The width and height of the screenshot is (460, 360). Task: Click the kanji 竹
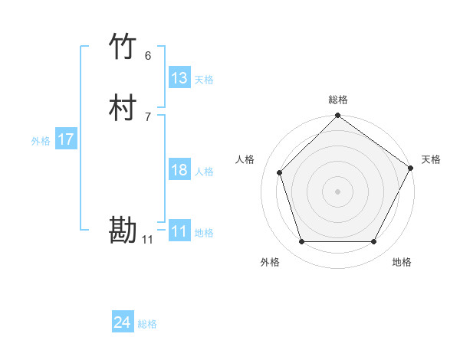(123, 47)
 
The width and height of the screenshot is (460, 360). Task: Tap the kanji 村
(123, 108)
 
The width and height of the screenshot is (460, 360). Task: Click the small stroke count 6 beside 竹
(148, 56)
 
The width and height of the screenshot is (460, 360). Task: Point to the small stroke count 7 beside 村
(148, 117)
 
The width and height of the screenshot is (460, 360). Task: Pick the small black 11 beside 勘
(147, 240)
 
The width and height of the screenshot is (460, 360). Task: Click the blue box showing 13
(179, 78)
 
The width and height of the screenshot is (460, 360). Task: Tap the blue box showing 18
(179, 170)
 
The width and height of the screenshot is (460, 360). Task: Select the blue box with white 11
(179, 231)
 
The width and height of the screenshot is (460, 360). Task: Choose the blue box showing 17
(66, 139)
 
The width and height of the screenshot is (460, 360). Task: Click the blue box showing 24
(123, 323)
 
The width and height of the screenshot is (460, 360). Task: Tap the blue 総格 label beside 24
(147, 324)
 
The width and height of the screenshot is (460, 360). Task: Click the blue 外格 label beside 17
(41, 140)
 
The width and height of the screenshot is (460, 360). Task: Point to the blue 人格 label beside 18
(205, 172)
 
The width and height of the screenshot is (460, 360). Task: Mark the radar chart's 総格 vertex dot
(337, 116)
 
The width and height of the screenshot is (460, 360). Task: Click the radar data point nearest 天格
(410, 168)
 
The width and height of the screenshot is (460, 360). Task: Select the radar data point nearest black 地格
(373, 242)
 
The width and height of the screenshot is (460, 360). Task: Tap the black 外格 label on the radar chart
(270, 262)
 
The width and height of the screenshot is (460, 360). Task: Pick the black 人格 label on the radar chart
(245, 159)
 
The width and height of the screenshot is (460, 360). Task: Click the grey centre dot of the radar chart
(337, 191)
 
